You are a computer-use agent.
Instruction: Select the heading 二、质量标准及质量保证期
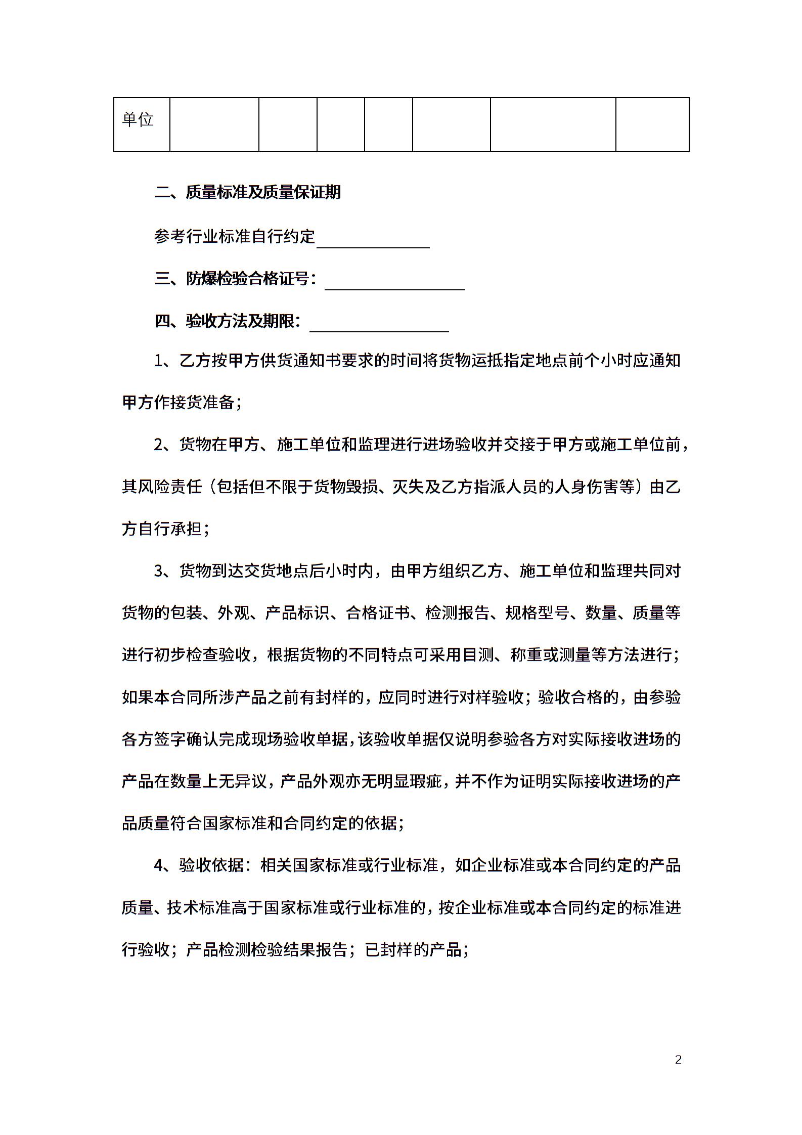[248, 192]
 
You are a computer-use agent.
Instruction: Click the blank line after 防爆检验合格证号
[394, 284]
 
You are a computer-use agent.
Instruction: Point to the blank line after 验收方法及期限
[379, 326]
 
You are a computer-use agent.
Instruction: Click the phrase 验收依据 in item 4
[211, 865]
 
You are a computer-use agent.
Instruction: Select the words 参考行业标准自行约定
[235, 236]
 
